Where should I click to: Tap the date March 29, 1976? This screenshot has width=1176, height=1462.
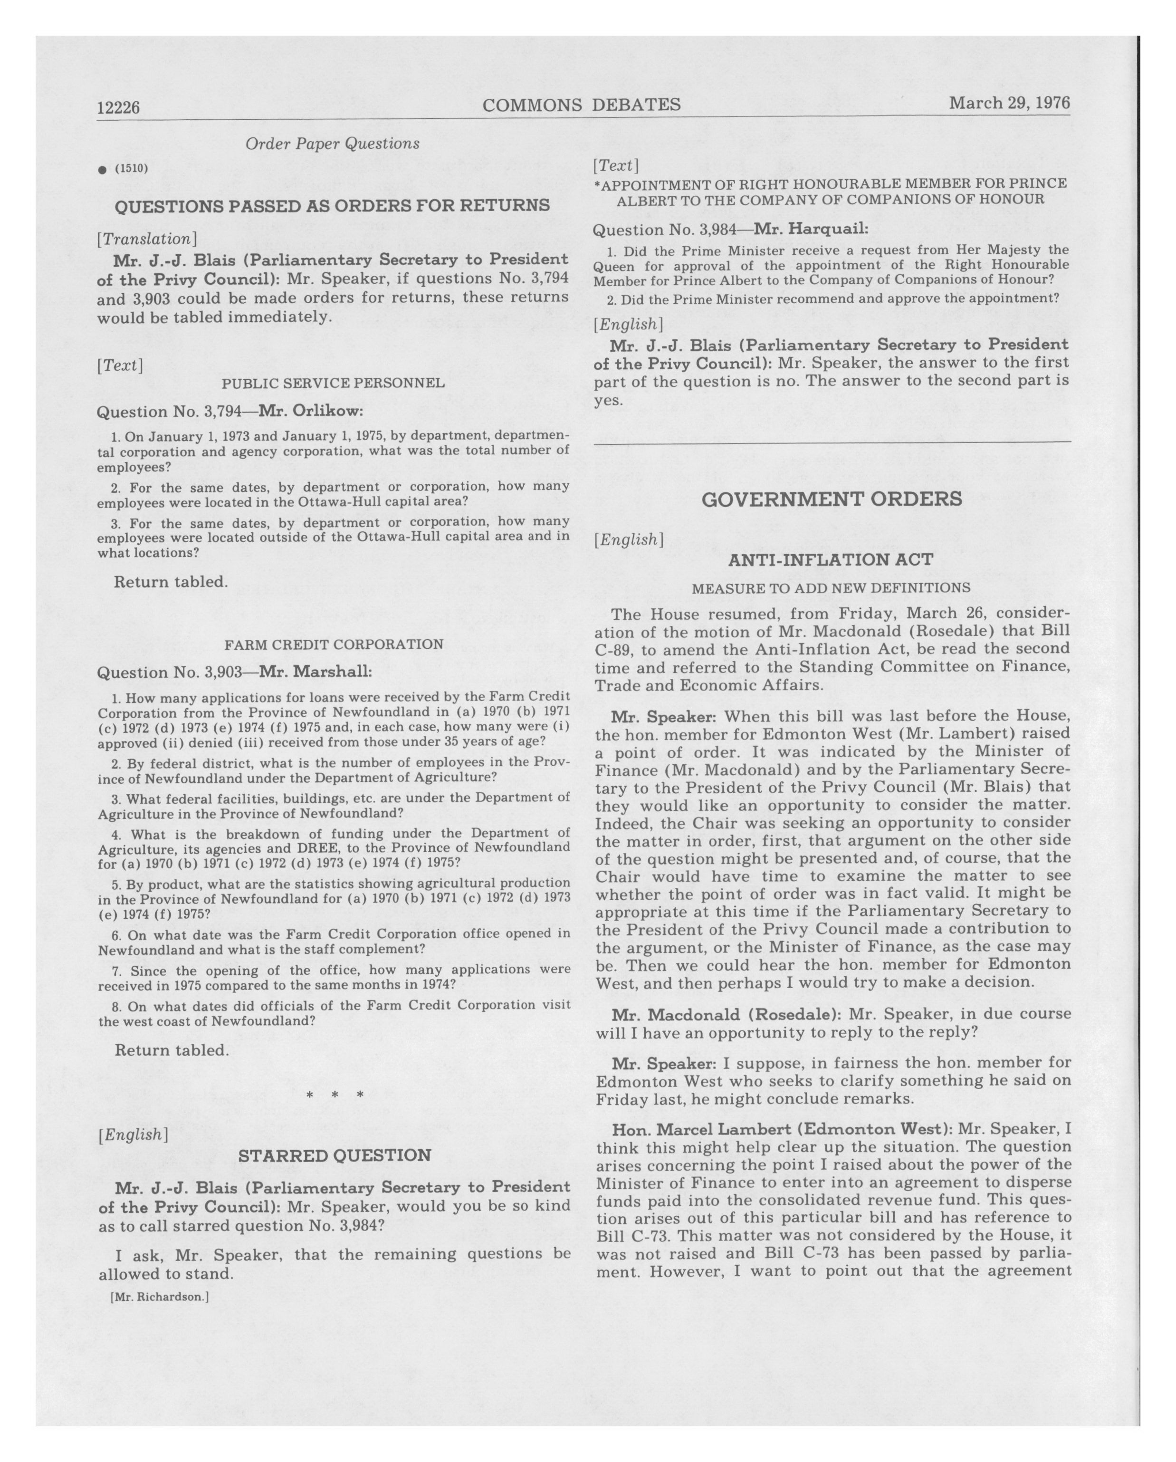click(1009, 103)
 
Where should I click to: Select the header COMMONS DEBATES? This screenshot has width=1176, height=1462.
click(581, 105)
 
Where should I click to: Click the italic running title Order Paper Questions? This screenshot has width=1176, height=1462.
click(332, 144)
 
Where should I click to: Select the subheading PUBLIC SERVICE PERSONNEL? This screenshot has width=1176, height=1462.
click(333, 383)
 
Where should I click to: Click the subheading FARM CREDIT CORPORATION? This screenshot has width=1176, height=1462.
click(334, 644)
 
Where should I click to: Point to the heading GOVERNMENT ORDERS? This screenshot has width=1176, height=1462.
click(831, 499)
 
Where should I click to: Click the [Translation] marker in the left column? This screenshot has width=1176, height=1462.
click(147, 239)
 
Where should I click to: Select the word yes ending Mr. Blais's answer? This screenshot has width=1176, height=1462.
click(608, 400)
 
